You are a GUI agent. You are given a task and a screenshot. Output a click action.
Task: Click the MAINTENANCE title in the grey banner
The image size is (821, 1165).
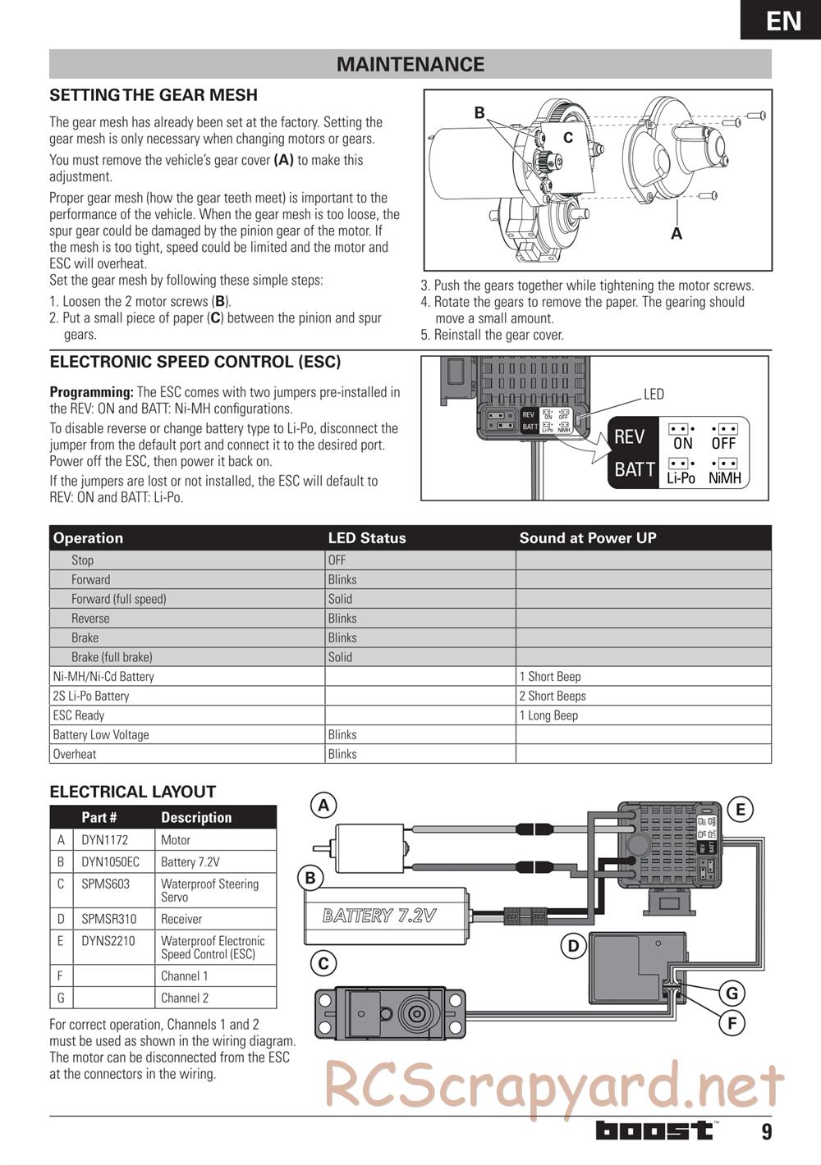coord(410,64)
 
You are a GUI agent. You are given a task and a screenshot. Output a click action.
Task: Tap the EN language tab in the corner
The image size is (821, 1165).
coord(783,21)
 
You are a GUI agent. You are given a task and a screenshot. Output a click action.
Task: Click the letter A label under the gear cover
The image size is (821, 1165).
coord(677,234)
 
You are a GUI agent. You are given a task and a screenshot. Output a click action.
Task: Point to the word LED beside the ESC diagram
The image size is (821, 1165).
coord(654,395)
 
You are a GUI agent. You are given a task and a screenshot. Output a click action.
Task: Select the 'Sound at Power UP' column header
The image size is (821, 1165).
coord(588,538)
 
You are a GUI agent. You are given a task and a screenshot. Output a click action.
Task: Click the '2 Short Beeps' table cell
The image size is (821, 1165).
coord(553,696)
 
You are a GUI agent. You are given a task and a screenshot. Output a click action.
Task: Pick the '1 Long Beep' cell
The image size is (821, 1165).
coord(548,715)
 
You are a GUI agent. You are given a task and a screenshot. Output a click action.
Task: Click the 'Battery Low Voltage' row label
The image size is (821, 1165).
coord(101,735)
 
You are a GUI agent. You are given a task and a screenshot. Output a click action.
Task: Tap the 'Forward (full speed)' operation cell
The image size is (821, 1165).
coord(118,599)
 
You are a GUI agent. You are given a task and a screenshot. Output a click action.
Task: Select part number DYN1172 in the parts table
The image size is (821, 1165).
coord(103,840)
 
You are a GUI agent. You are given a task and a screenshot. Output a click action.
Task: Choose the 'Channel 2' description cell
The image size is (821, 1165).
coord(185,998)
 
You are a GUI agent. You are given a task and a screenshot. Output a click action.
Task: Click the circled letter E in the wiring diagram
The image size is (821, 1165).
coord(740,811)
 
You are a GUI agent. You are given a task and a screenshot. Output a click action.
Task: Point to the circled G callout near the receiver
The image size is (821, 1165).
coord(732,994)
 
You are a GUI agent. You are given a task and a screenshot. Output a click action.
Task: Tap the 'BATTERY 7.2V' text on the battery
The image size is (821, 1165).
coord(379,916)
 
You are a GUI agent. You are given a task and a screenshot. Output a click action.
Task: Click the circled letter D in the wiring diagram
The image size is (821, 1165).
coord(573,946)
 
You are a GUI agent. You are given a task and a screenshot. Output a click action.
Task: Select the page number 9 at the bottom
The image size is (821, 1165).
coord(767,1132)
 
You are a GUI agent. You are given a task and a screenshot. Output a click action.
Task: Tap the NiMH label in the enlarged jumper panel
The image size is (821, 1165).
coord(724,477)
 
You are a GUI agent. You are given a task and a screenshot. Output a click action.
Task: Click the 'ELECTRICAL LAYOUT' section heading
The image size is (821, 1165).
coord(133,792)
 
